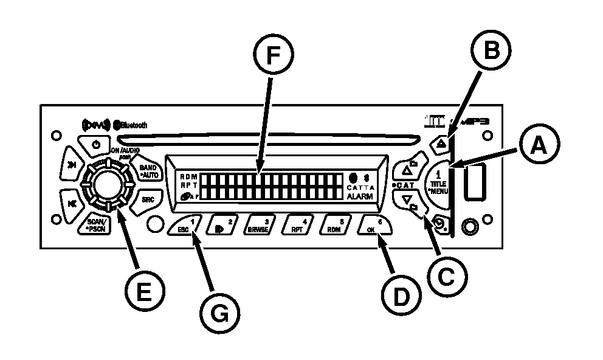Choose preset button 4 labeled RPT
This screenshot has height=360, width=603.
pyautogui.click(x=297, y=226)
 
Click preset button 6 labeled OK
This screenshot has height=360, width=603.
pyautogui.click(x=374, y=226)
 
